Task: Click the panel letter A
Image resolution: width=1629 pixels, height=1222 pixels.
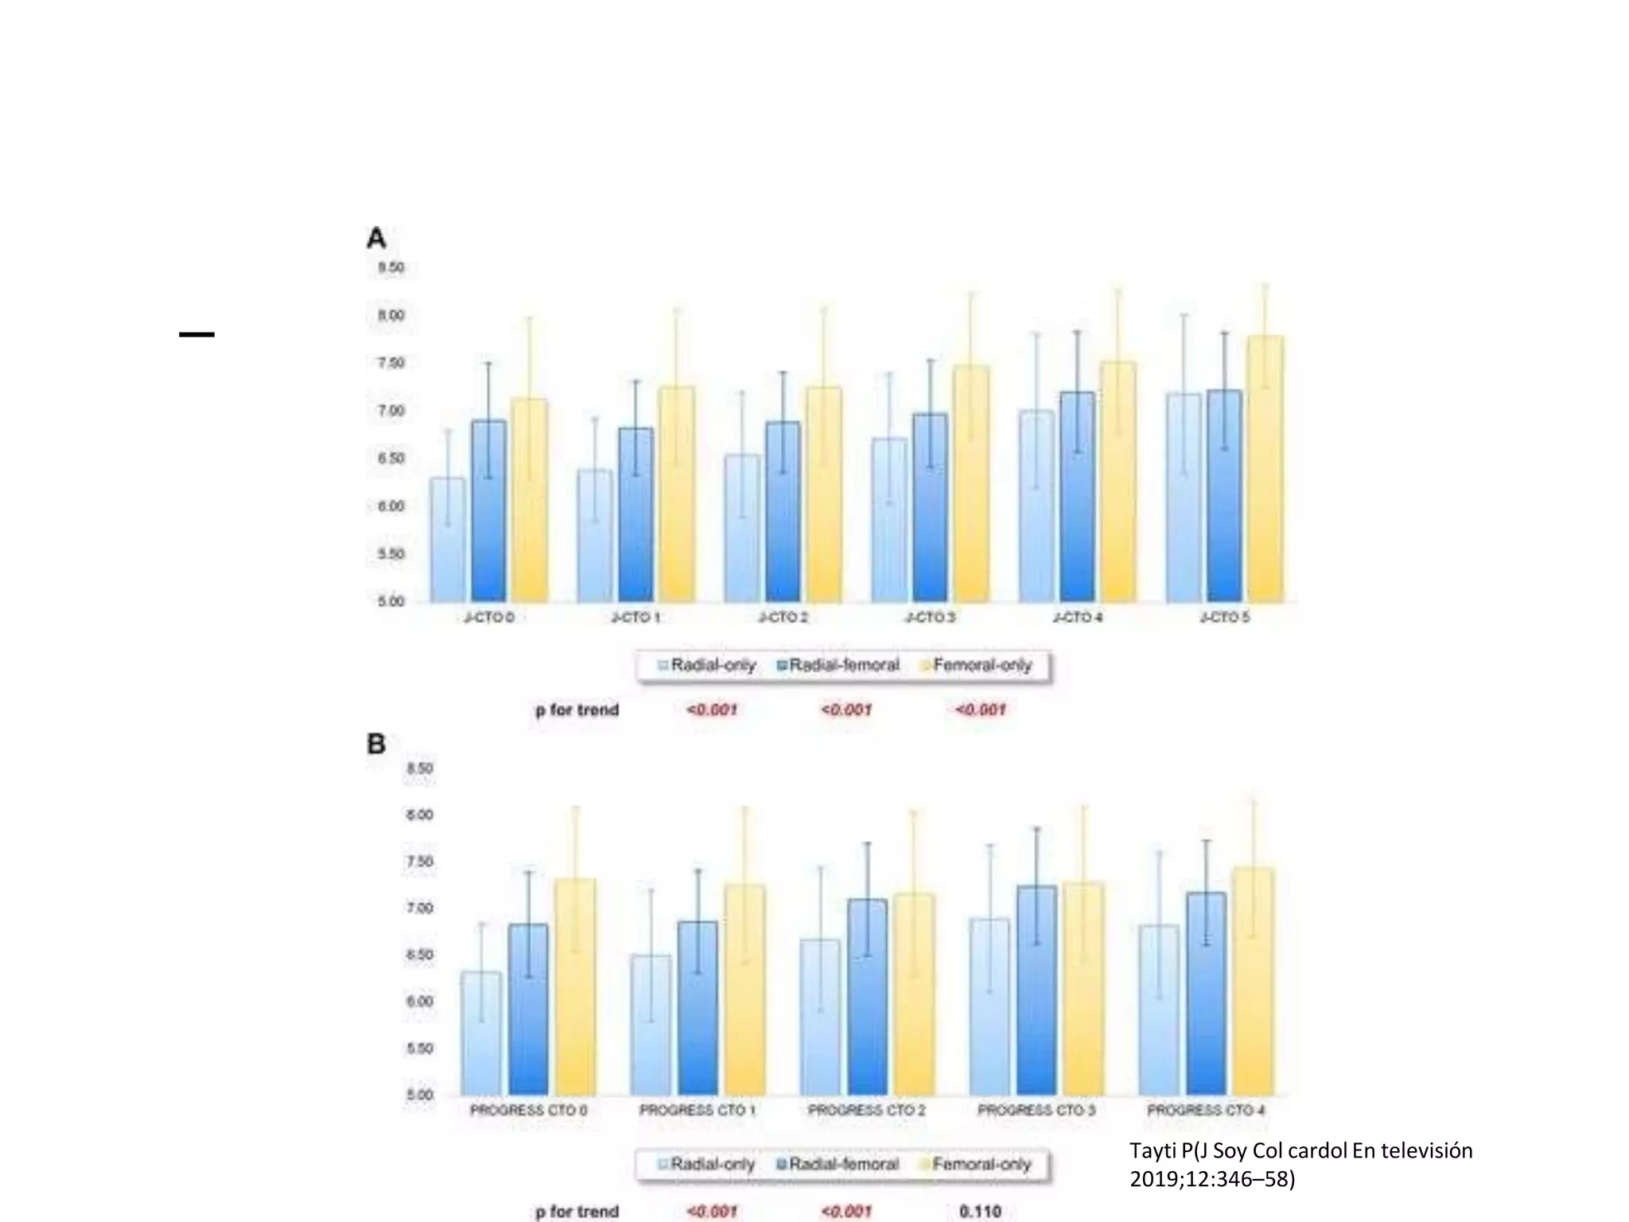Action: click(376, 238)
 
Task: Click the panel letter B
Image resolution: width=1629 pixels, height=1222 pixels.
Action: click(376, 744)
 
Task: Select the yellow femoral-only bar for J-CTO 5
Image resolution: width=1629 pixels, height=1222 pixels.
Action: click(1265, 469)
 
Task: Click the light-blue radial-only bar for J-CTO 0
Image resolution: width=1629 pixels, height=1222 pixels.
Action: click(448, 541)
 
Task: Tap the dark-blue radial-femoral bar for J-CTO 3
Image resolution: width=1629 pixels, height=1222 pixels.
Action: click(930, 509)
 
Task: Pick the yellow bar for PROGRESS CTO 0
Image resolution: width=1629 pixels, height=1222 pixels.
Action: click(575, 987)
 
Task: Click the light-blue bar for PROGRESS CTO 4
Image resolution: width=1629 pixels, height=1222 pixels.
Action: click(1159, 1010)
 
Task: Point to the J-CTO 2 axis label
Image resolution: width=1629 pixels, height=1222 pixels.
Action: click(783, 617)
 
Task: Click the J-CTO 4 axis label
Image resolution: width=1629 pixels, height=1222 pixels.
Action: click(1077, 617)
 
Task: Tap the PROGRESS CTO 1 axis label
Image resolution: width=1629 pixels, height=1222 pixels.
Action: click(698, 1110)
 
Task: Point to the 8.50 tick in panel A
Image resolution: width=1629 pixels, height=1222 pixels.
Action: click(391, 268)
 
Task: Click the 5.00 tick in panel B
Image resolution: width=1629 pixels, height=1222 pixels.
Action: click(419, 1096)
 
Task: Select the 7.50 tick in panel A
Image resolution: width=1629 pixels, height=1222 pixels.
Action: click(391, 364)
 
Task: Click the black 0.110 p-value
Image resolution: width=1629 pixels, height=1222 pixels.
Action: click(980, 1212)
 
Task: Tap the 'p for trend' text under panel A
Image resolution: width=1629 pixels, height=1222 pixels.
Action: click(577, 710)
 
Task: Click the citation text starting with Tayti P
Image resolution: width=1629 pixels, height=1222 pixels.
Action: click(1300, 1164)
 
